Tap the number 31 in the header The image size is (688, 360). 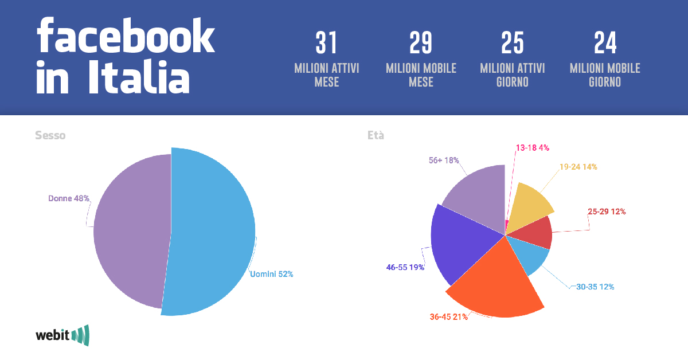tap(326, 44)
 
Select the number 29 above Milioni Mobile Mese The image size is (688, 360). tap(421, 44)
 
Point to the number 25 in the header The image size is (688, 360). tap(512, 44)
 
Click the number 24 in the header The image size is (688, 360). tap(605, 44)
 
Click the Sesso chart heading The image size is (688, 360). tap(50, 136)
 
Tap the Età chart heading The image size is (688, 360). tap(376, 136)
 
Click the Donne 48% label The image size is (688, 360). tap(69, 198)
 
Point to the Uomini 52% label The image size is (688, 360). tap(272, 274)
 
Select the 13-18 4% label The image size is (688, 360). tap(532, 147)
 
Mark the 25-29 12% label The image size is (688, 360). tap(607, 212)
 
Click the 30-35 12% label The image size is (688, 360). tap(599, 287)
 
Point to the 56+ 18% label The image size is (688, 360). tap(444, 161)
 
